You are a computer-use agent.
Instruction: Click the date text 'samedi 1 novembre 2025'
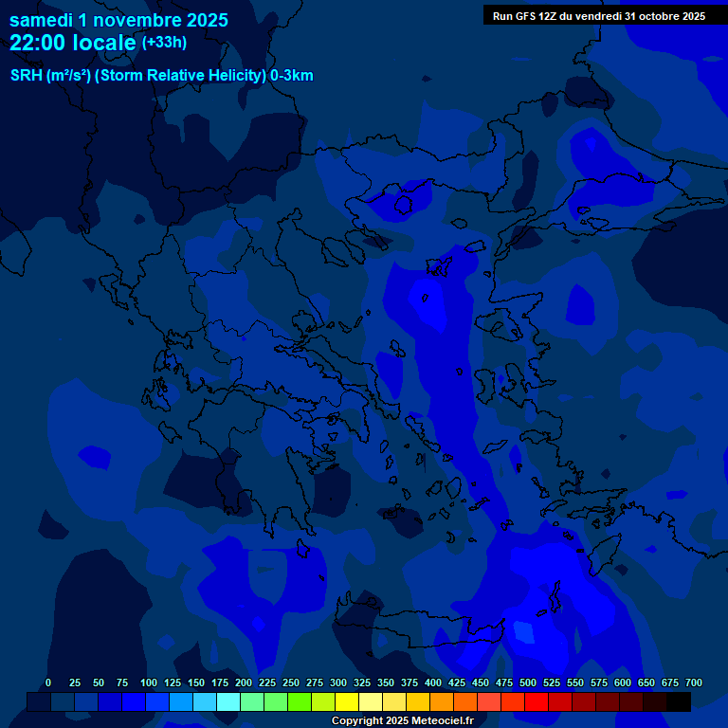point(118,20)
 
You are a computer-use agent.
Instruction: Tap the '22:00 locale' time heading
point(74,43)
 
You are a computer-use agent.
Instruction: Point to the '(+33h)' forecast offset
point(164,43)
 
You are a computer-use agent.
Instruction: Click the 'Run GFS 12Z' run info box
point(598,16)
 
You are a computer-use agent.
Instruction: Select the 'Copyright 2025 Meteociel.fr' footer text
point(402,720)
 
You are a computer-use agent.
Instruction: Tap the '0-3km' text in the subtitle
point(291,76)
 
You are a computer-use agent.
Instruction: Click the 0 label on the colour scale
point(48,682)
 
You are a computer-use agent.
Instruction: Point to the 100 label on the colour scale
point(149,682)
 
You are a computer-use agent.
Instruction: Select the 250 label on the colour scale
point(291,682)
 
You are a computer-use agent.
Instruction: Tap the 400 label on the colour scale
point(433,682)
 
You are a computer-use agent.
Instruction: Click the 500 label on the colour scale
point(528,682)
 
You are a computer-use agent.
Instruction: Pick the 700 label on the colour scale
point(693,682)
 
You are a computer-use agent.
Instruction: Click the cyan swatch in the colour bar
point(227,701)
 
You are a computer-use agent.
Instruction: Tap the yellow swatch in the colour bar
point(346,701)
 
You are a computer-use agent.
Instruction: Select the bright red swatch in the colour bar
point(536,701)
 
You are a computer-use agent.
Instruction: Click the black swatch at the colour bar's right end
point(678,701)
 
